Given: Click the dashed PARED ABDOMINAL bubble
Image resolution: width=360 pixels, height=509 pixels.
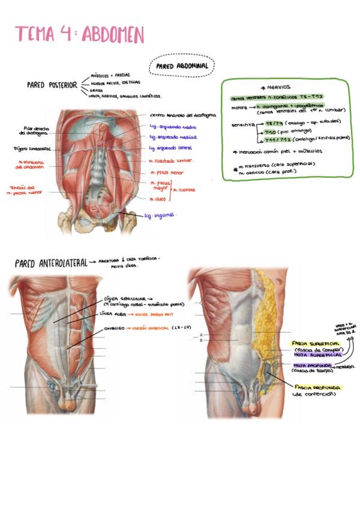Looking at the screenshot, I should pyautogui.click(x=182, y=67).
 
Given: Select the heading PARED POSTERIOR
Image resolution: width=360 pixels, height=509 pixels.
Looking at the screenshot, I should pyautogui.click(x=52, y=85).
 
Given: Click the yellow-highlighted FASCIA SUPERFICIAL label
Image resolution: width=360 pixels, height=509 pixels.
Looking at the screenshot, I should pyautogui.click(x=316, y=343).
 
